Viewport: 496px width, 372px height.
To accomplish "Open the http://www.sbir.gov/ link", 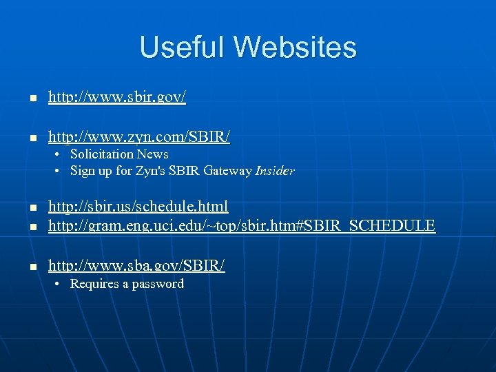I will [x=117, y=98].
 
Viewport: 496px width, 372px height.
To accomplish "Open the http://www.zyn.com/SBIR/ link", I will [x=138, y=137].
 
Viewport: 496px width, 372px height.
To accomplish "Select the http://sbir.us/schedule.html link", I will [x=138, y=206].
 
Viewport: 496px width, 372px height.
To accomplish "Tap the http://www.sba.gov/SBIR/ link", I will [x=136, y=265].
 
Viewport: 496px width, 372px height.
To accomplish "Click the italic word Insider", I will [x=274, y=171].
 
